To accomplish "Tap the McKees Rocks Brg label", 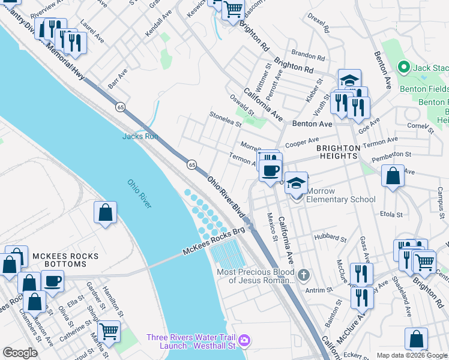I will (215, 242).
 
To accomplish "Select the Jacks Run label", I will (140, 136).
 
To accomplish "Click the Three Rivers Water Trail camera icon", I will (244, 341).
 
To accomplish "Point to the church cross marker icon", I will (304, 275).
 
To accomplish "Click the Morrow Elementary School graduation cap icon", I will (296, 182).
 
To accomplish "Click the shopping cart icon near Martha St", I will (108, 331).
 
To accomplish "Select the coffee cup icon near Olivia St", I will (52, 280).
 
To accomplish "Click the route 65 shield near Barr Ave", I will (121, 107).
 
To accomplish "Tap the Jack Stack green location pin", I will (403, 67).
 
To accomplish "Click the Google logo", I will (20, 353).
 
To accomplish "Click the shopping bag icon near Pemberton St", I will (393, 176).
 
